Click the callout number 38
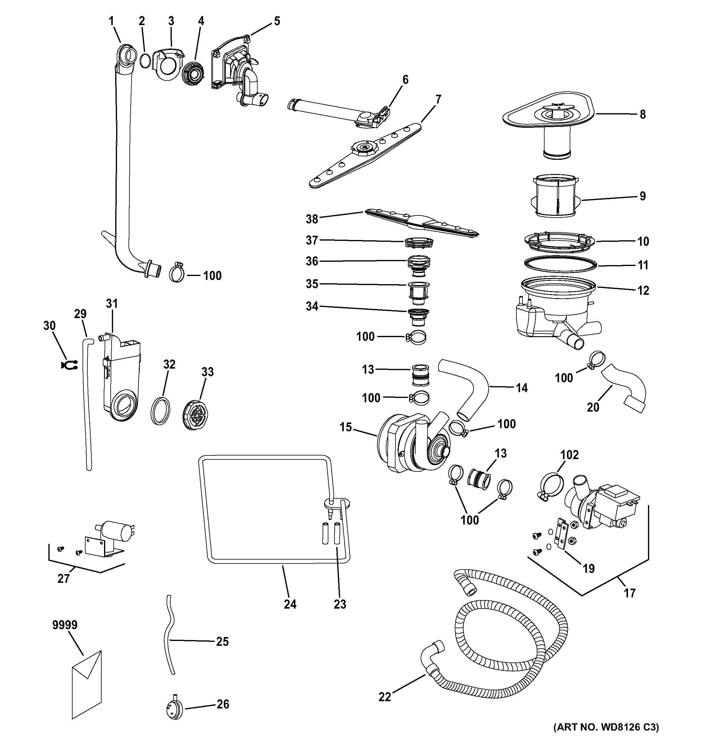[312, 219]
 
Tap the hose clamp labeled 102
[551, 486]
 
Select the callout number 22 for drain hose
[385, 697]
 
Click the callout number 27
[63, 578]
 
